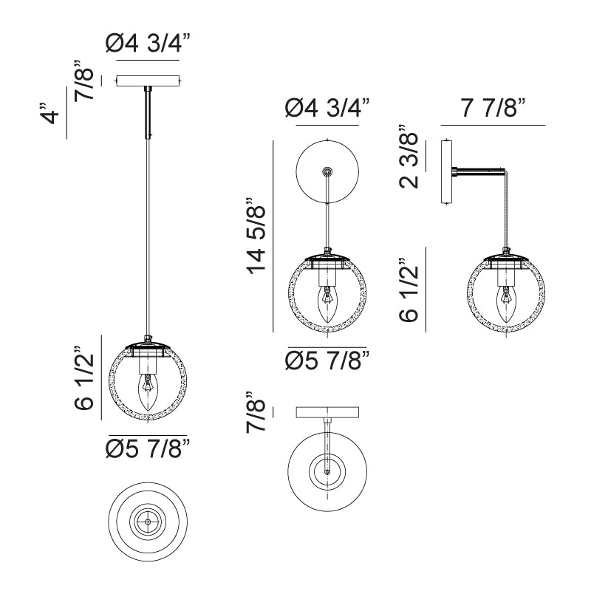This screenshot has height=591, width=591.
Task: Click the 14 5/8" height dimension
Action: point(256,236)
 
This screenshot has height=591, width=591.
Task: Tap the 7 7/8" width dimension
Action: point(493,109)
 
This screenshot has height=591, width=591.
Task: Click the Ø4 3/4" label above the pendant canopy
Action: point(148,45)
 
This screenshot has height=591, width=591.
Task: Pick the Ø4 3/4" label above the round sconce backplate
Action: point(327,110)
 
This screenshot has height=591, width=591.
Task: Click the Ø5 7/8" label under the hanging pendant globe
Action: point(148,448)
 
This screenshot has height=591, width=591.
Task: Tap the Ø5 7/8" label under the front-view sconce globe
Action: point(327,361)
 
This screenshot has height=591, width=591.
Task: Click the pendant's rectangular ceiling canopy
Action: point(148,80)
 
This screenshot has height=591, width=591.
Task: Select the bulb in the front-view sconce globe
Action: point(326,302)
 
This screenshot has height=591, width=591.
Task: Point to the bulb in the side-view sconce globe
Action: point(506,302)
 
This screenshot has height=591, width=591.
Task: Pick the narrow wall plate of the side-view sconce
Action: point(446,172)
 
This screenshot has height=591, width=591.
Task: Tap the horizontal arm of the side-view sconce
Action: point(480,172)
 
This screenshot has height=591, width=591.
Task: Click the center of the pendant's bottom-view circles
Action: point(148,521)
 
